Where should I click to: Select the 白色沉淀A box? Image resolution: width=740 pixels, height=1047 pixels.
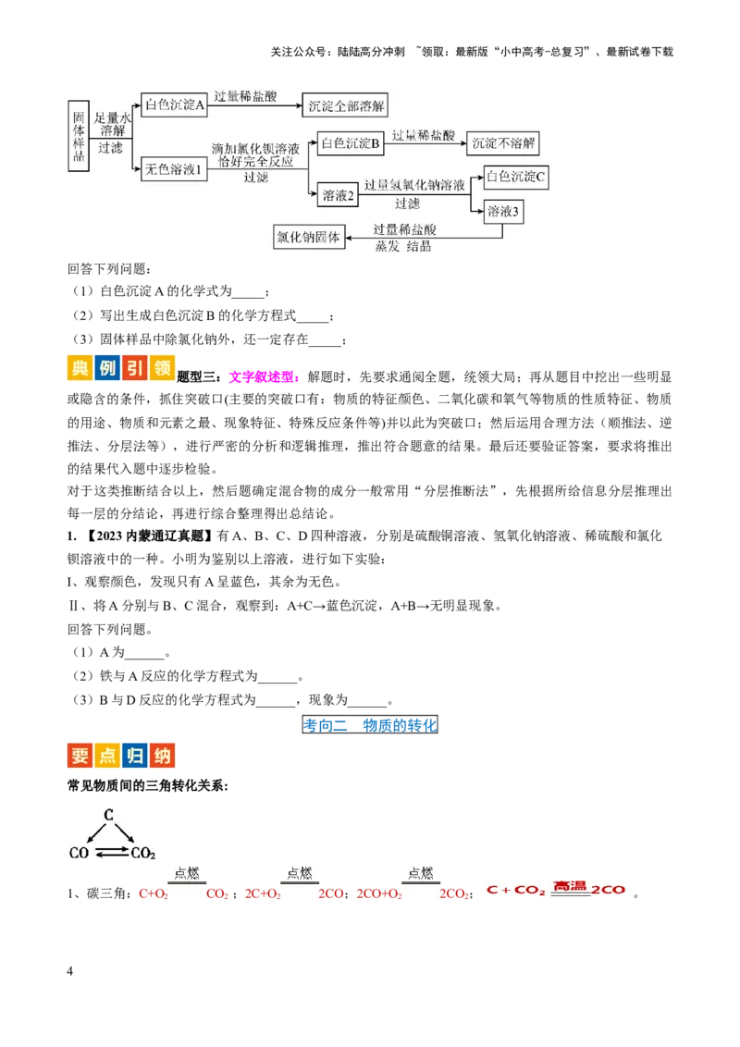(x=174, y=105)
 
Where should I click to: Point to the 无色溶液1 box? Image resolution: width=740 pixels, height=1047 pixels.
(x=174, y=169)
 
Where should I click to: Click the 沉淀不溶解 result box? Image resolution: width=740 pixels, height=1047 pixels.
(x=502, y=142)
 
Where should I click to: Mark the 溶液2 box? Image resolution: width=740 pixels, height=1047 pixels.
(x=339, y=195)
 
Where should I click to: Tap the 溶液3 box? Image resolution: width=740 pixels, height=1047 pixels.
(x=503, y=212)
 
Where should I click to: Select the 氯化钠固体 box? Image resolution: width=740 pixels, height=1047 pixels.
(x=308, y=237)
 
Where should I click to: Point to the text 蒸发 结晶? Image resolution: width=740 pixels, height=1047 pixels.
(x=403, y=247)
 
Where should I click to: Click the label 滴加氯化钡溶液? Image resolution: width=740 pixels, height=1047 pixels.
(x=255, y=148)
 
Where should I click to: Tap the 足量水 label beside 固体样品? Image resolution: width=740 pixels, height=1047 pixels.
(x=113, y=118)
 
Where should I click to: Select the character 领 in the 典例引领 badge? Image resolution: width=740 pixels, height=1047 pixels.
(x=162, y=367)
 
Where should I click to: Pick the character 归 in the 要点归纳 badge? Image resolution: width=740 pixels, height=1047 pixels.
(x=135, y=756)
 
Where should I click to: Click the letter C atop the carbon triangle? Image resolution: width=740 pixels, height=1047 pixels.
(x=108, y=815)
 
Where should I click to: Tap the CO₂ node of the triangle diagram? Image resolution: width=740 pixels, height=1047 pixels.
(x=142, y=854)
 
